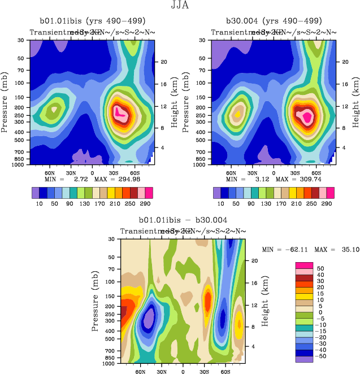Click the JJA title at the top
coord(180,6)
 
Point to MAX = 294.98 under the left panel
coord(117,179)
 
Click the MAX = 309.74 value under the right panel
coord(298,179)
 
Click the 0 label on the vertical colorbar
coord(320,312)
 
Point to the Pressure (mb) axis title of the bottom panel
coord(95,302)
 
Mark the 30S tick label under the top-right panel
coord(292,173)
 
